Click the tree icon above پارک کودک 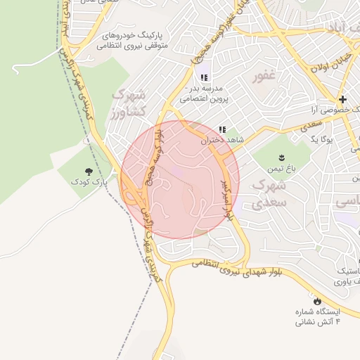click(x=89, y=171)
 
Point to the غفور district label click(x=266, y=76)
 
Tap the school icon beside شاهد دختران click(x=222, y=129)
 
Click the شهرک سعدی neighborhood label click(x=269, y=193)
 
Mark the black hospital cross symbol click(x=343, y=99)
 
